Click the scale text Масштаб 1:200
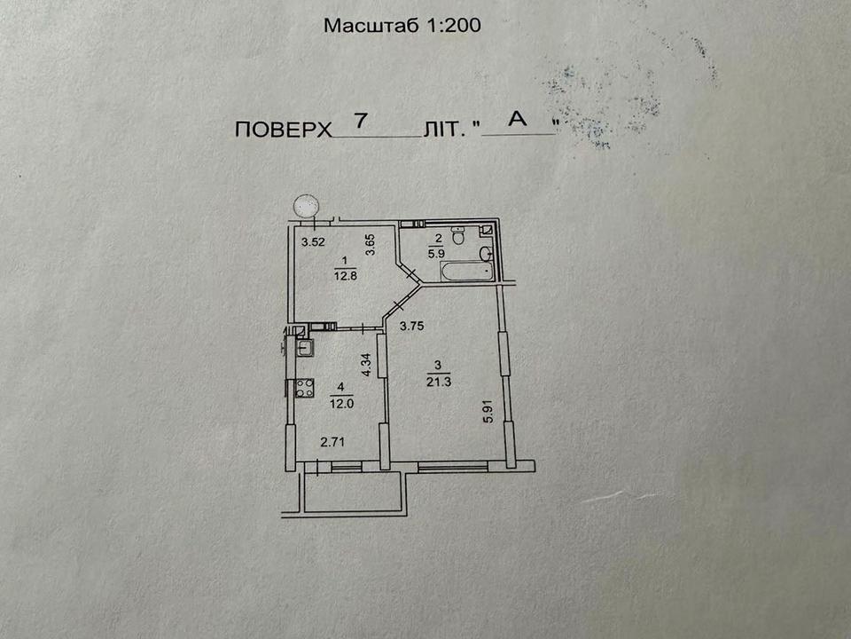click(x=402, y=25)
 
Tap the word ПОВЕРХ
click(x=283, y=130)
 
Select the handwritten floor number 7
click(x=362, y=121)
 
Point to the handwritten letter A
click(x=517, y=118)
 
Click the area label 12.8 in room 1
click(x=345, y=275)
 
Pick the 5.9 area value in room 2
click(x=436, y=253)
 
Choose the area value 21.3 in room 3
click(x=439, y=382)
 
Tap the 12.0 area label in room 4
click(x=341, y=404)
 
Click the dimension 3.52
click(x=313, y=242)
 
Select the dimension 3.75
click(x=411, y=326)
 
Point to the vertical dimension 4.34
click(x=366, y=365)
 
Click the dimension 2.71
click(x=332, y=442)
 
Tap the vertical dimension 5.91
click(x=488, y=412)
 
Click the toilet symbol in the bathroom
click(x=458, y=235)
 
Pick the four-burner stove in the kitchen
click(x=304, y=388)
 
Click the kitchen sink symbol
click(x=305, y=347)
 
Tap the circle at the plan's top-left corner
click(x=306, y=206)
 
